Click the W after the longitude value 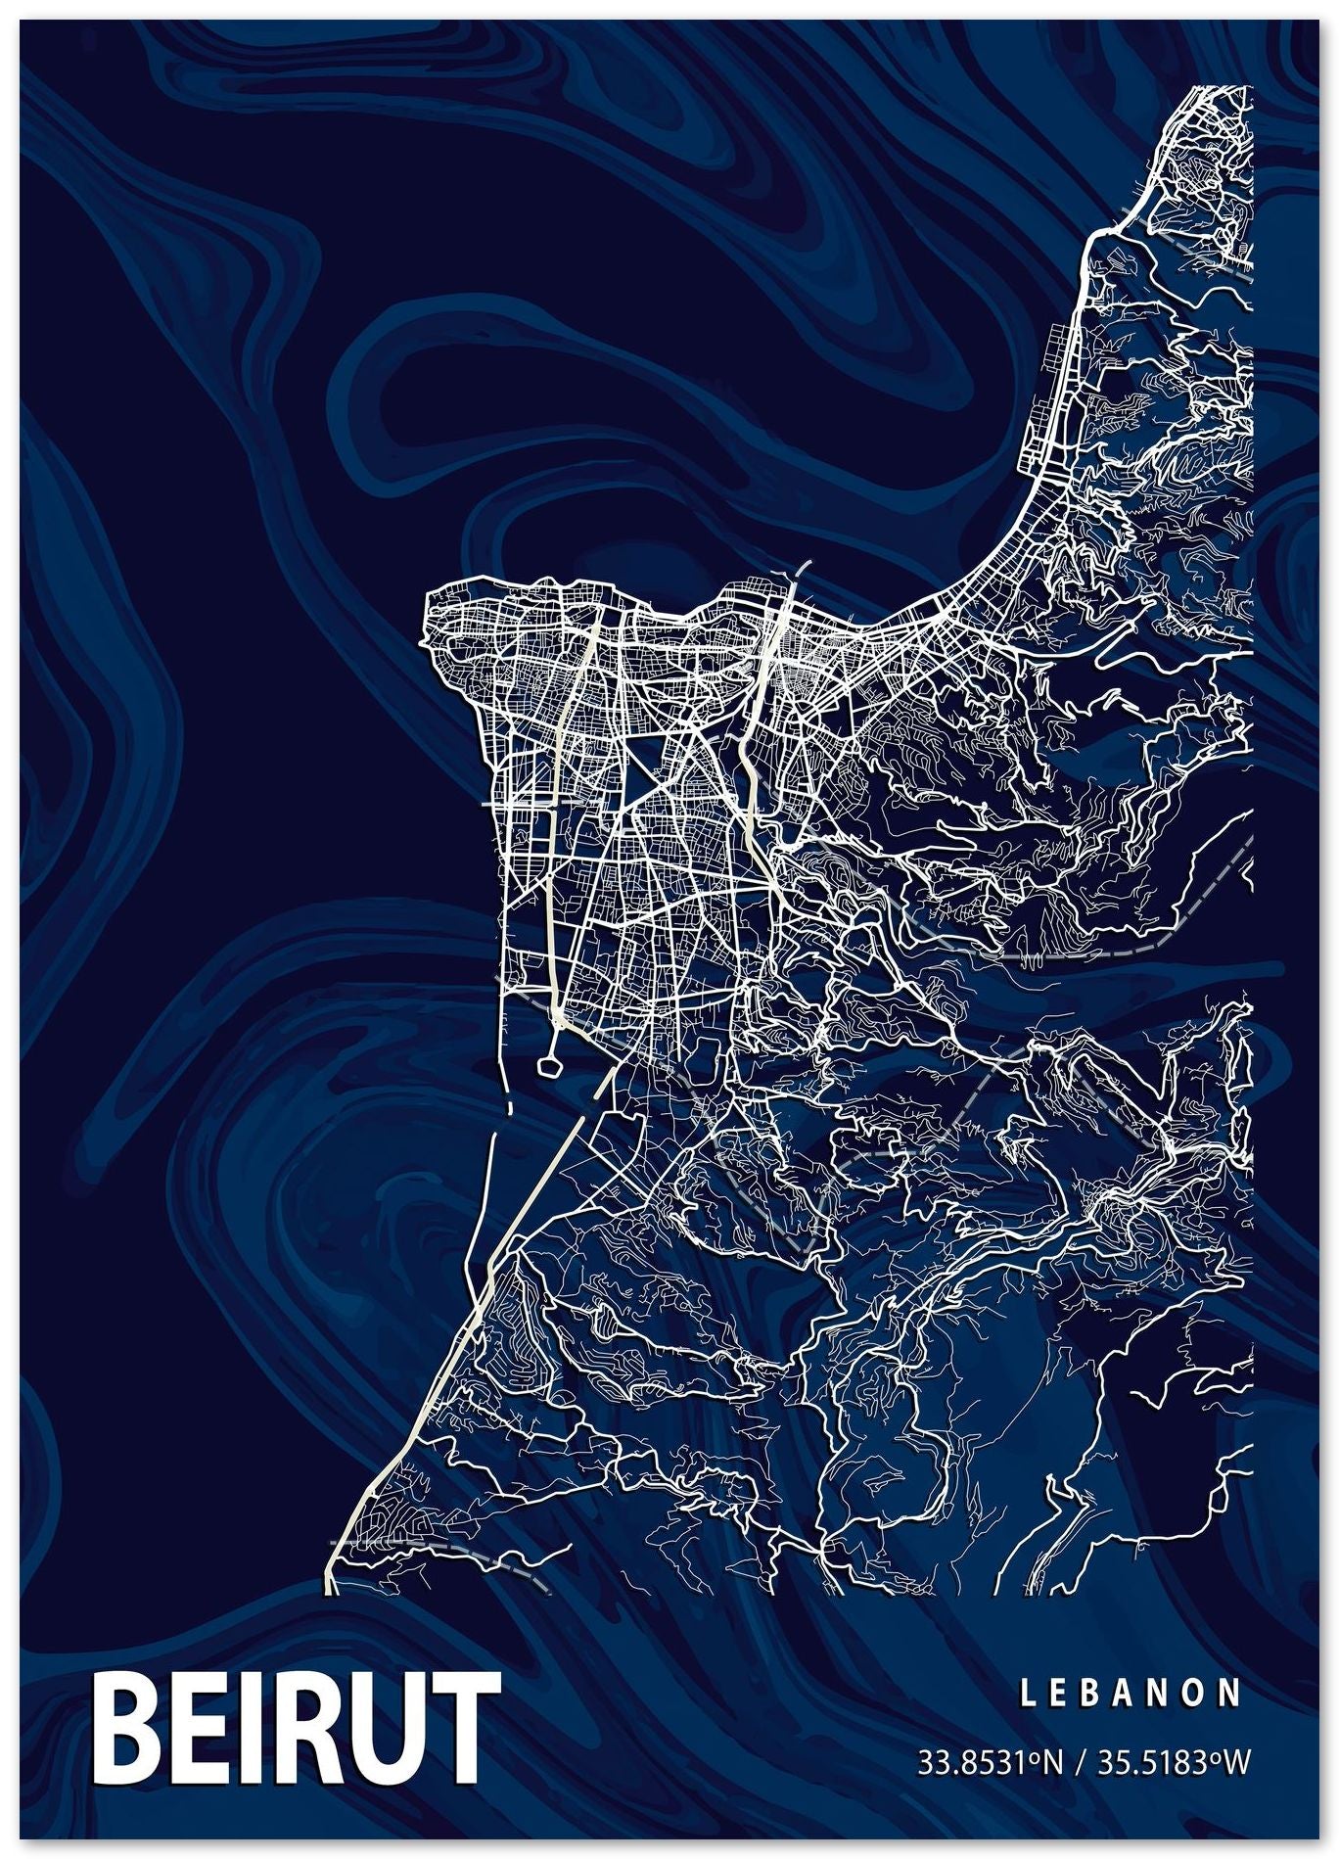[1236, 1763]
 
